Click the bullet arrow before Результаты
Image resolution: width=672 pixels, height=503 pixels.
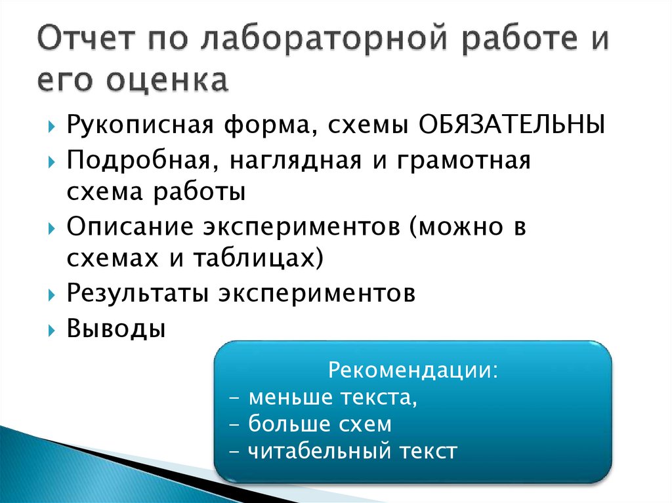(52, 294)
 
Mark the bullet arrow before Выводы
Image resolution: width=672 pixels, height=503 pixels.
(52, 328)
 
